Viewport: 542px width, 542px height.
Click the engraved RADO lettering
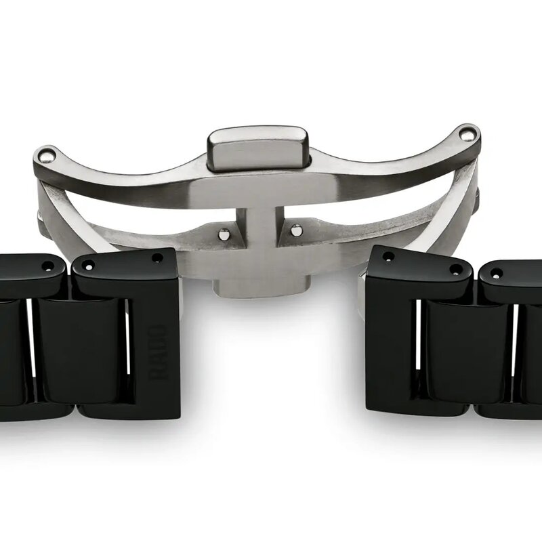[x=157, y=352]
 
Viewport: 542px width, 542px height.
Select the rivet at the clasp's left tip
[x=44, y=156]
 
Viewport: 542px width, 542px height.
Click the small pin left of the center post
[x=224, y=234]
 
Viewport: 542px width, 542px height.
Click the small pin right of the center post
[x=295, y=230]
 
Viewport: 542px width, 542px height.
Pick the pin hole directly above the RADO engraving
[x=157, y=258]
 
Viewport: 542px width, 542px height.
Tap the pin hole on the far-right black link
[x=497, y=274]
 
